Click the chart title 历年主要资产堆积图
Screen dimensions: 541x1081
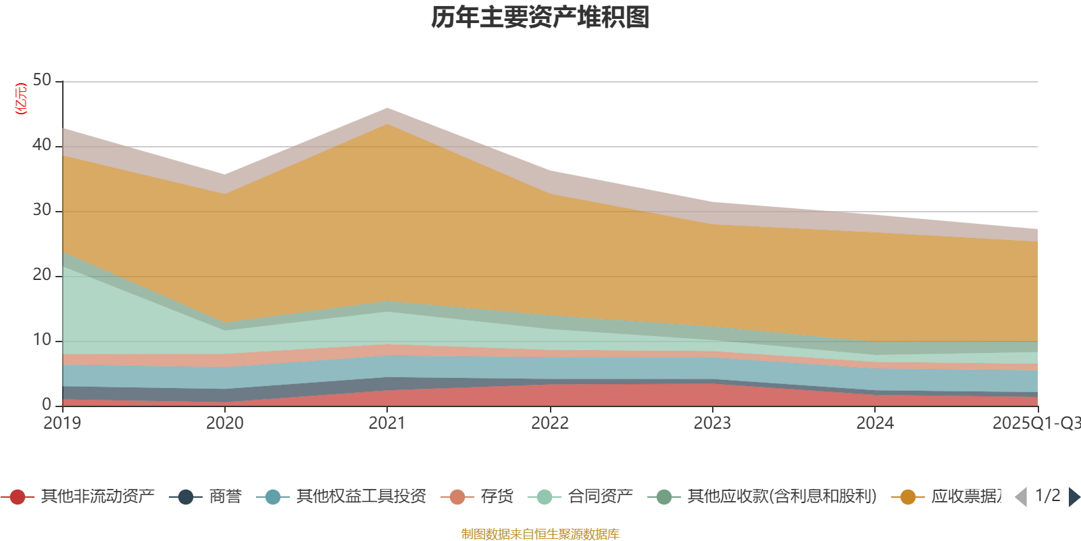[540, 18]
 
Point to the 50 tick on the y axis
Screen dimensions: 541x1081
[42, 80]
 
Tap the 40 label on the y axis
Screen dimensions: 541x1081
[42, 145]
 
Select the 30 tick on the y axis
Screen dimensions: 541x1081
[42, 210]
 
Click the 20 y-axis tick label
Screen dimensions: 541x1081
[42, 275]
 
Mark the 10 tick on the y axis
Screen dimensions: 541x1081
[42, 340]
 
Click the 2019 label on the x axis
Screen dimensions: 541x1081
[62, 423]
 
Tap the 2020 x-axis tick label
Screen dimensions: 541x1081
[225, 423]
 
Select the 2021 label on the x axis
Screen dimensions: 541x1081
[387, 423]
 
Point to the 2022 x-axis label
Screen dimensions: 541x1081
[550, 423]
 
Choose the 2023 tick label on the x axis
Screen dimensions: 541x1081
[712, 423]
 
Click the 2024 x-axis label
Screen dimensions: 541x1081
[875, 423]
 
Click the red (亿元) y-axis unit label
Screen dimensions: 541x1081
[22, 99]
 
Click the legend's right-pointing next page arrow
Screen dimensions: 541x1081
[1074, 497]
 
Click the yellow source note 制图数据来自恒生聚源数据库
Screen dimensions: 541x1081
[540, 534]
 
